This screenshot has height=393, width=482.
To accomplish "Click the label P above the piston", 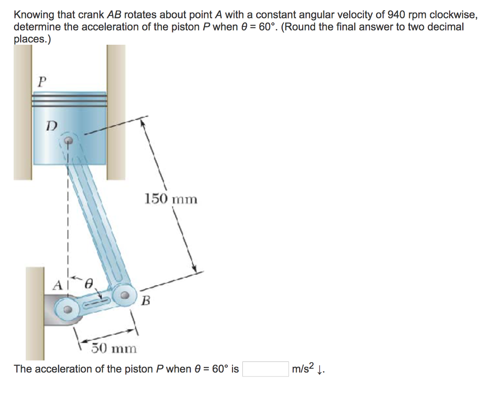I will (x=42, y=81).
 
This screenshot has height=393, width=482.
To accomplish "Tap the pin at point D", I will (x=69, y=140).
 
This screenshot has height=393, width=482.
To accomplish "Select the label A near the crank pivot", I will (x=57, y=284).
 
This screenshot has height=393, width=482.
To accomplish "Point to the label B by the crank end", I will (x=146, y=300).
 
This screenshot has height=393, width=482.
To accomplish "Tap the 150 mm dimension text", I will (x=170, y=199).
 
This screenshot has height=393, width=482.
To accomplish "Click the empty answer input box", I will (x=265, y=369).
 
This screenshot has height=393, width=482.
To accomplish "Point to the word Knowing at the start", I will (x=32, y=16).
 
